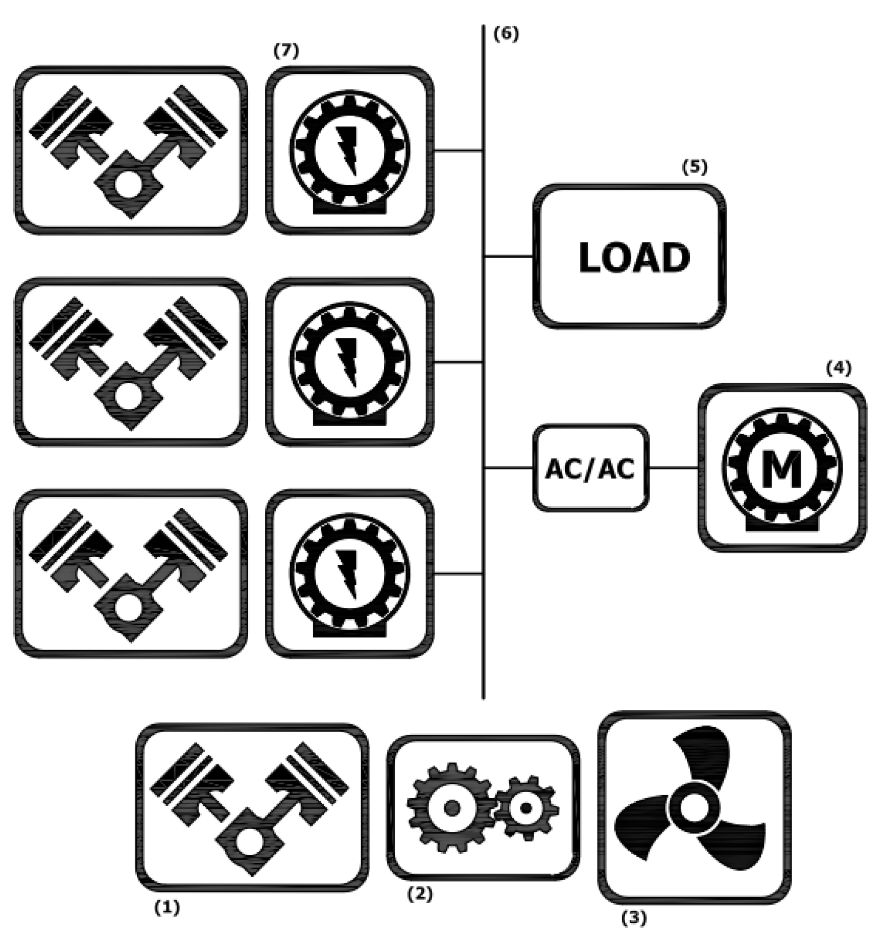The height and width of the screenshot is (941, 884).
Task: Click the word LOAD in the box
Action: (x=634, y=258)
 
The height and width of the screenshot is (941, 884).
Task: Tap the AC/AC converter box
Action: (x=590, y=468)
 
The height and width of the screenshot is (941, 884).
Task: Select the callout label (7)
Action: (x=286, y=51)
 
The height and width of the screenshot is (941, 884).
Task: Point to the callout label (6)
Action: (x=506, y=34)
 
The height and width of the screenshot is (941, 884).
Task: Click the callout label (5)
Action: (x=695, y=167)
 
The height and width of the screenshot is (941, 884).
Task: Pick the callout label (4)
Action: (x=839, y=368)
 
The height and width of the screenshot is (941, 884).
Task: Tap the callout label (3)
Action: (x=634, y=918)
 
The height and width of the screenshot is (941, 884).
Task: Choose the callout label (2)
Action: (x=419, y=894)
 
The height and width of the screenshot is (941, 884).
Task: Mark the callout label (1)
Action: (x=167, y=907)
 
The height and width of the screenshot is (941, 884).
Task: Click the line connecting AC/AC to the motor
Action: (x=673, y=467)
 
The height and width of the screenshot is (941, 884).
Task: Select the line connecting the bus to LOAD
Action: (x=509, y=256)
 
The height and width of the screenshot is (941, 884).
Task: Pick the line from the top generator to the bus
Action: (x=458, y=151)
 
